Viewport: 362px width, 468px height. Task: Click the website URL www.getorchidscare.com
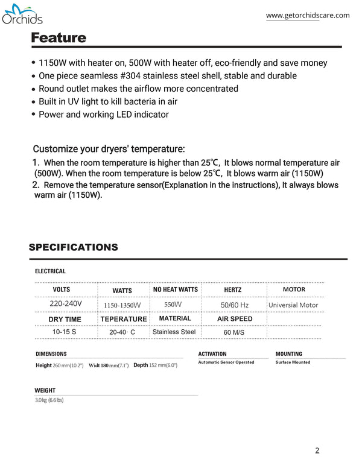[308, 16]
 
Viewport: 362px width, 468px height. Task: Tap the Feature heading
[59, 38]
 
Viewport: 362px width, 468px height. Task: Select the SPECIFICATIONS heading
[73, 247]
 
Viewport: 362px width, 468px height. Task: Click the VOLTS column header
[61, 290]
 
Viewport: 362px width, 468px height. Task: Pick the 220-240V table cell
[66, 304]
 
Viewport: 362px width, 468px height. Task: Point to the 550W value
[173, 305]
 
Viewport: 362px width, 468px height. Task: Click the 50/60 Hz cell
[235, 305]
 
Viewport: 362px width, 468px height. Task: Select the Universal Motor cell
[293, 305]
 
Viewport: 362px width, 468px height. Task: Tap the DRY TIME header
[65, 319]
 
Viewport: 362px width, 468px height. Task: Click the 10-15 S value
[65, 332]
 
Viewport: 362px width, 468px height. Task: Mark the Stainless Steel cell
[174, 332]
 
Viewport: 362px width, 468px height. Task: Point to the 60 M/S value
[234, 332]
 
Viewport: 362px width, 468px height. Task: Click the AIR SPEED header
[235, 318]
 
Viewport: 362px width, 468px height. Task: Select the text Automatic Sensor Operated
[226, 362]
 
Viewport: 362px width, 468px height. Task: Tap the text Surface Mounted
[293, 362]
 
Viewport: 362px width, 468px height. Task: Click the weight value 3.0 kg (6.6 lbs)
[49, 400]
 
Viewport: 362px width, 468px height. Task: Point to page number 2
[317, 450]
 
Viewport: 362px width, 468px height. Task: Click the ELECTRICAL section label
[50, 271]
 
